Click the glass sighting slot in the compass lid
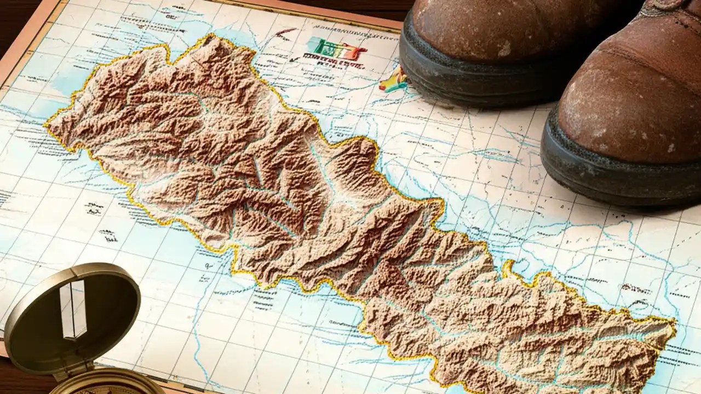73,309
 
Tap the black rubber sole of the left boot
466,77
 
